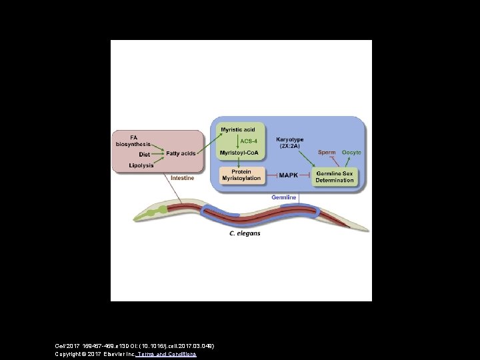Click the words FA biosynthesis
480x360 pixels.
tap(133, 141)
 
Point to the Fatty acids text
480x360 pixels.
tap(181, 154)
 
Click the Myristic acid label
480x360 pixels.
tap(238, 129)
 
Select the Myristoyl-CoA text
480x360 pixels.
tap(238, 153)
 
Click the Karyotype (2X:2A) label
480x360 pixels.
tap(289, 143)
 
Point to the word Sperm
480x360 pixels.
tap(327, 153)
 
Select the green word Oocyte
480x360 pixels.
tap(351, 153)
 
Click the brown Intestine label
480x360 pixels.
tap(183, 178)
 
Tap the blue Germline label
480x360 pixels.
tap(284, 197)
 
